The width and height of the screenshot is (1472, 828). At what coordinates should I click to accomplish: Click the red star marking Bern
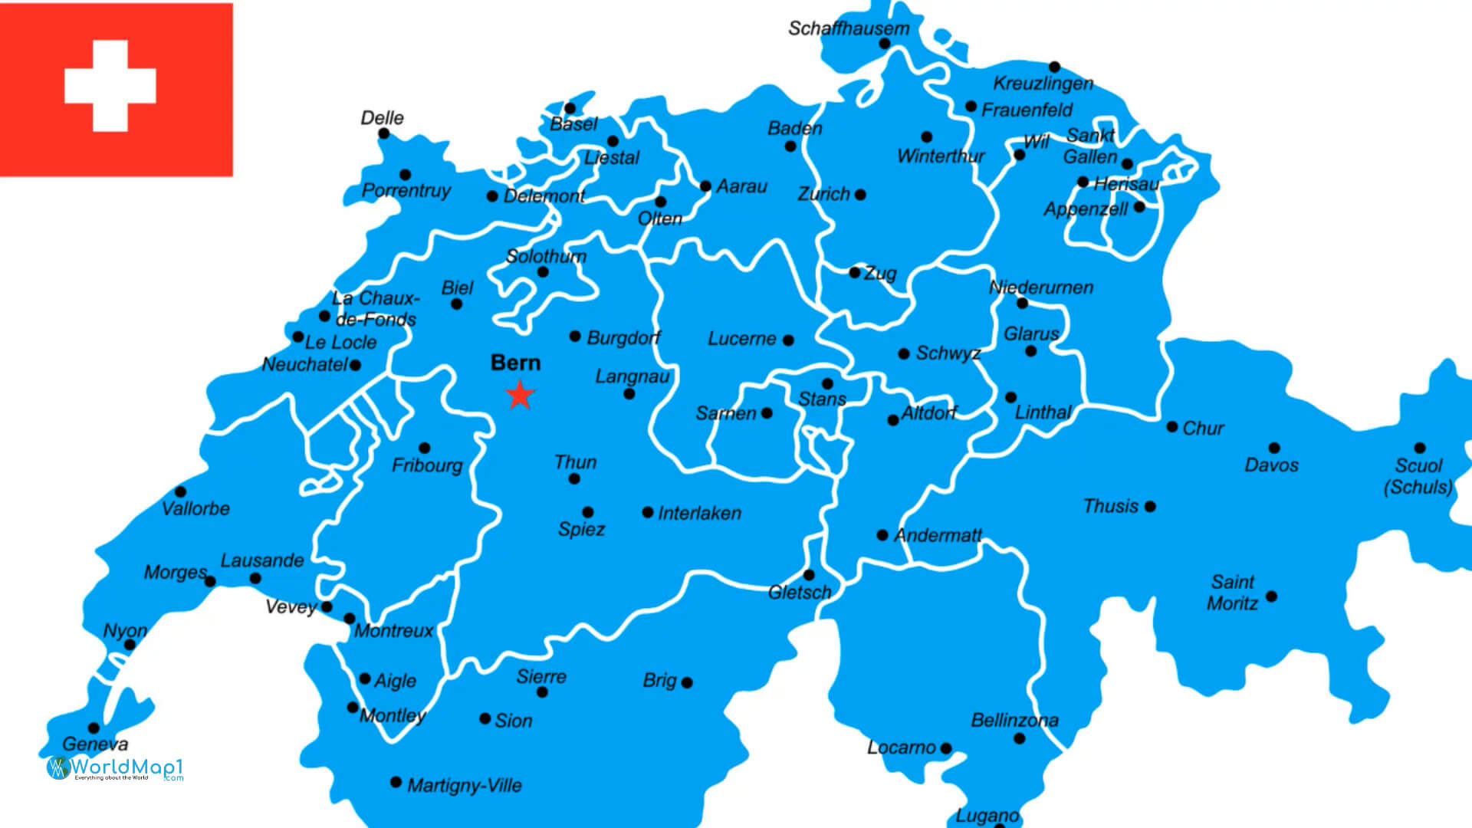[520, 395]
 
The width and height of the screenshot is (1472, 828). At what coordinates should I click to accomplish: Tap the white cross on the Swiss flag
[110, 86]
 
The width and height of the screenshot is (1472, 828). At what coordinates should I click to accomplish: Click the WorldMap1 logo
[115, 767]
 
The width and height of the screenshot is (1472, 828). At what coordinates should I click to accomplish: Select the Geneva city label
[95, 744]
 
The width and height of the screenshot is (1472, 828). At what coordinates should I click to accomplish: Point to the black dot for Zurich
[860, 195]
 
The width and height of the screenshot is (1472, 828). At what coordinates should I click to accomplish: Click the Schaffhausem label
[848, 28]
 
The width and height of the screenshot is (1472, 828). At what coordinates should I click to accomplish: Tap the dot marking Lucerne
[788, 340]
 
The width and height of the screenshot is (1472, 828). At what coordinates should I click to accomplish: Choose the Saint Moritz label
[1232, 593]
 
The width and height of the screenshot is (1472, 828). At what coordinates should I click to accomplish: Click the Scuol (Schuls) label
[1418, 476]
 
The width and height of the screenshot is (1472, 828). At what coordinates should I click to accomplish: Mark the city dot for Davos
[1274, 448]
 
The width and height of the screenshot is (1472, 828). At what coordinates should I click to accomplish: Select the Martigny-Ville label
[465, 785]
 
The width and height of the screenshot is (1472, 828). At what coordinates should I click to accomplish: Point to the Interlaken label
[699, 513]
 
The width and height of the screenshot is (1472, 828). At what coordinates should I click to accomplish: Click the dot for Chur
[1172, 426]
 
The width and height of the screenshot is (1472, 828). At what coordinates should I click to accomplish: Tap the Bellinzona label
[1014, 720]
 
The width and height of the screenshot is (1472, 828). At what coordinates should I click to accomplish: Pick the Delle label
[382, 118]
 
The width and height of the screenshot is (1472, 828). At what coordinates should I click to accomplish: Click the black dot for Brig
[687, 682]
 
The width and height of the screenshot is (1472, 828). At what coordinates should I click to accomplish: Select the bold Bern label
[515, 363]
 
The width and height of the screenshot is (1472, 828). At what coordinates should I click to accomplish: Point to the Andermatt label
[937, 535]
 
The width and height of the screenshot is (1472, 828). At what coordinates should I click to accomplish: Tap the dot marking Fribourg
[425, 448]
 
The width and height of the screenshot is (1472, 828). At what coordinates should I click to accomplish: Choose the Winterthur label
[941, 156]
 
